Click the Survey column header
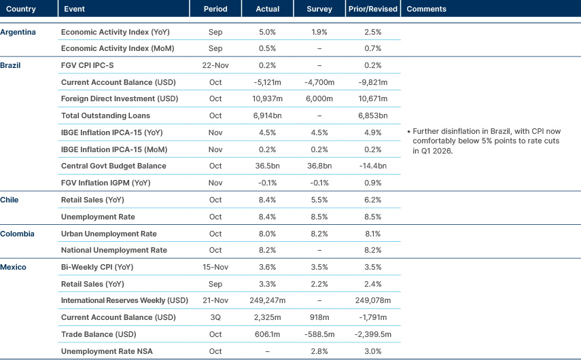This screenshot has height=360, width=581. click(x=319, y=9)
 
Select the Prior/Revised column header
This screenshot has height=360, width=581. click(x=372, y=9)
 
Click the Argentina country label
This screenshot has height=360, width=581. click(x=18, y=32)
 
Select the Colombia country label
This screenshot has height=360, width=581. click(x=18, y=234)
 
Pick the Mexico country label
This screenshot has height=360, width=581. click(x=14, y=267)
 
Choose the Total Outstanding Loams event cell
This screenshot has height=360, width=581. click(x=105, y=115)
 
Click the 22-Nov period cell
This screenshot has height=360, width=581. click(x=215, y=65)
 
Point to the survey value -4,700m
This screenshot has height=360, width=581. click(x=319, y=82)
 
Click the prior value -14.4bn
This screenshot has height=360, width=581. click(x=372, y=166)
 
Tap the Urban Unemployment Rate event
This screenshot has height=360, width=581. click(x=109, y=234)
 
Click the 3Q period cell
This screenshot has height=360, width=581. click(x=215, y=317)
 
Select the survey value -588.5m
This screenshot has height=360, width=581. click(x=319, y=334)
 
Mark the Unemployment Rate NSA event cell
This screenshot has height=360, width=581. click(x=104, y=350)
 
